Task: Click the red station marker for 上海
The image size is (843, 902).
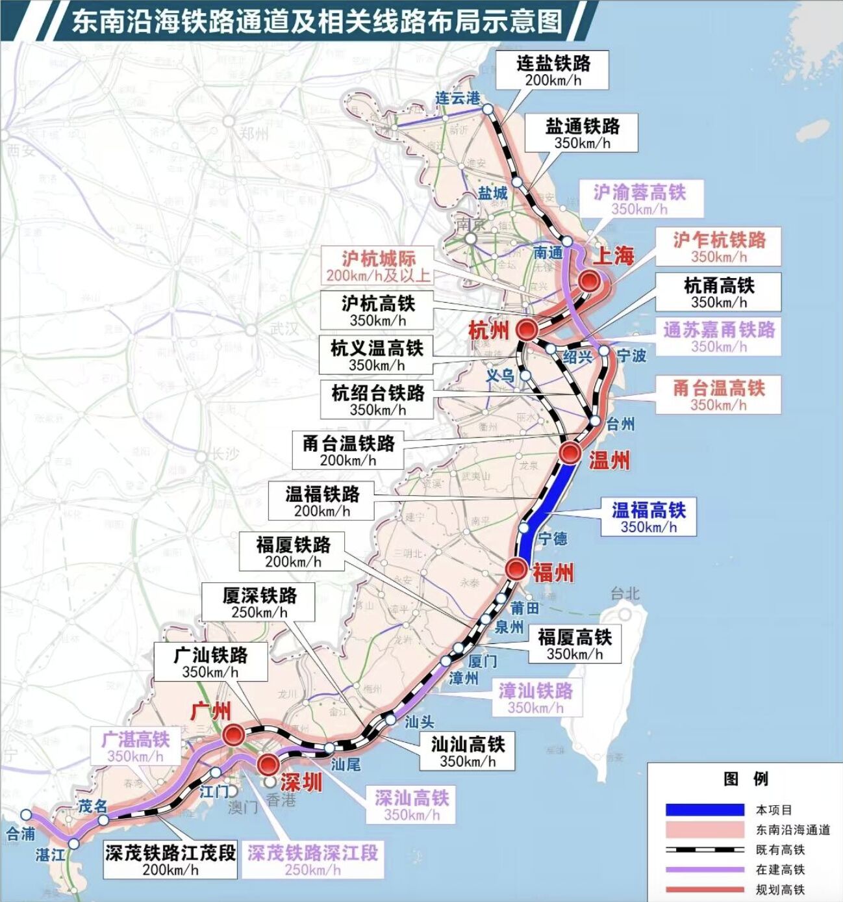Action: point(589,281)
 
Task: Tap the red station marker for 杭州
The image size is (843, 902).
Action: point(527,329)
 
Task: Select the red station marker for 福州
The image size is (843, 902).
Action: point(517,569)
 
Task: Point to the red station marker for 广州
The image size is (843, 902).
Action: point(234,736)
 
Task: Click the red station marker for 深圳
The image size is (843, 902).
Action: point(268,765)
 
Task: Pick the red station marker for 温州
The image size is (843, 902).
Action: point(570,452)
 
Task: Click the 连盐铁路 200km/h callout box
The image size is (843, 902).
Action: point(553,70)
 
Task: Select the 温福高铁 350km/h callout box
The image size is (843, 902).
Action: point(648,517)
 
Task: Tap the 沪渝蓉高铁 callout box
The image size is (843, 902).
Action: point(639,199)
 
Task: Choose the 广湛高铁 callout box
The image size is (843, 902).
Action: point(135,747)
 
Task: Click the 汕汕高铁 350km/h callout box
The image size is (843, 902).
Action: point(468,751)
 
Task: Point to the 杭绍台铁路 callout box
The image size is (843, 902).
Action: point(377,400)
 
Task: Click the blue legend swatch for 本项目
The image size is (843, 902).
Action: point(705,810)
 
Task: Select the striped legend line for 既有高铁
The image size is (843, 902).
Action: point(705,849)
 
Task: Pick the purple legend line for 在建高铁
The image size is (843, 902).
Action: point(705,870)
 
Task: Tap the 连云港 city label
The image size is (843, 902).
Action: point(457,98)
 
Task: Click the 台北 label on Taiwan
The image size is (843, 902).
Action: point(625,593)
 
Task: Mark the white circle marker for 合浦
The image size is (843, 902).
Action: point(26,814)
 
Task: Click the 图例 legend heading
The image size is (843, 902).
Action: point(746,779)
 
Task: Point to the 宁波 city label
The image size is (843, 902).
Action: point(631,355)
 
